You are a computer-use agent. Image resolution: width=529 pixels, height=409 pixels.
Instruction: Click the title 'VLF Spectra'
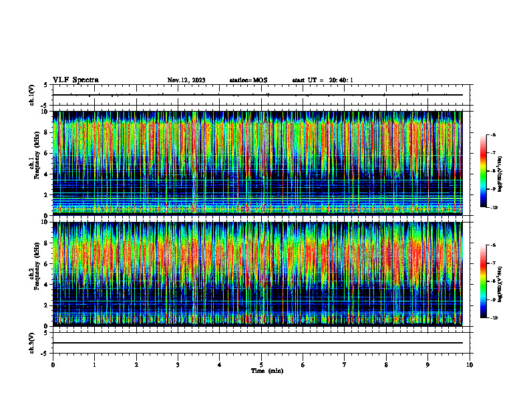pyautogui.click(x=75, y=80)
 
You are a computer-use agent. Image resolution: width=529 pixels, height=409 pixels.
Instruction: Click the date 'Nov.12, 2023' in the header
pyautogui.click(x=186, y=80)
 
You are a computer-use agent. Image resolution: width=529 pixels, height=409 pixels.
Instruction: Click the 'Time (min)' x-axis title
pyautogui.click(x=267, y=370)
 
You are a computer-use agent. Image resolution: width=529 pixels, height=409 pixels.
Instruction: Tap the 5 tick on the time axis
pyautogui.click(x=261, y=365)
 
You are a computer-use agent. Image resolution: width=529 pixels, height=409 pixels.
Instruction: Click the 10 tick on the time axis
pyautogui.click(x=470, y=365)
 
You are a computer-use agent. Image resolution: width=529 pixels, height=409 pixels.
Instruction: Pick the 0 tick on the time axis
pyautogui.click(x=53, y=365)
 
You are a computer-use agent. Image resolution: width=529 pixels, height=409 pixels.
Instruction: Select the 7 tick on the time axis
pyautogui.click(x=345, y=365)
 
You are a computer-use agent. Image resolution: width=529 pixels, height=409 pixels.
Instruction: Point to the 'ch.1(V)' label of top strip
pyautogui.click(x=32, y=95)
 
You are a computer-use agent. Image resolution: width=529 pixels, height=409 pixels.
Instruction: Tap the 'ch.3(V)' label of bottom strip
pyautogui.click(x=32, y=342)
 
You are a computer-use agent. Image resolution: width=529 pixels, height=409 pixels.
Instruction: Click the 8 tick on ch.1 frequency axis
pyautogui.click(x=47, y=132)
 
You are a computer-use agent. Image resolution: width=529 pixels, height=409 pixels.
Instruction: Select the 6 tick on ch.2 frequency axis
pyautogui.click(x=47, y=263)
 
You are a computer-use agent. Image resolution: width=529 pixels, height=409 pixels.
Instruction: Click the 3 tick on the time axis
pyautogui.click(x=178, y=365)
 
